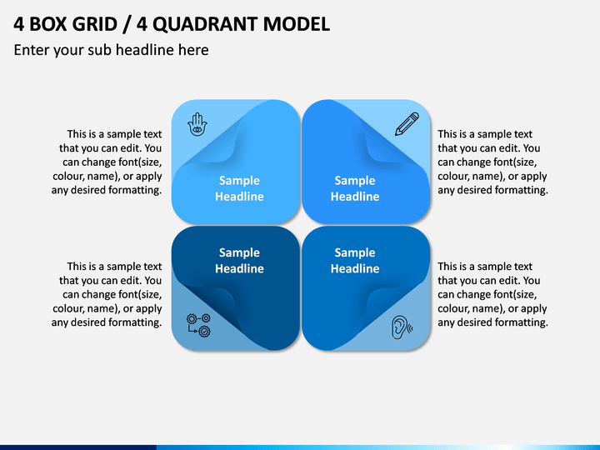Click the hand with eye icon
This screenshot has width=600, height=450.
197,124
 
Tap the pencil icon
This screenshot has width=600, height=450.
407,123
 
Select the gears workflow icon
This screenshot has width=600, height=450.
198,325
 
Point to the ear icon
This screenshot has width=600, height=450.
402,327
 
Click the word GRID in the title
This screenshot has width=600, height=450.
94,24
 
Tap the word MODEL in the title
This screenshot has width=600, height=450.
297,24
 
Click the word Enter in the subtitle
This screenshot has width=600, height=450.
32,50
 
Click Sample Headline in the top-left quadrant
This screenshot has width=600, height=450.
239,188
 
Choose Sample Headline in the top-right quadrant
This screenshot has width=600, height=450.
355,188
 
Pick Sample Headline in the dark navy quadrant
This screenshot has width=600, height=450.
239,260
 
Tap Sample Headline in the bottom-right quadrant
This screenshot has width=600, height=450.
355,260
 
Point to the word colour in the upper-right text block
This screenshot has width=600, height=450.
452,176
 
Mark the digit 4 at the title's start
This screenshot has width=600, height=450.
18,24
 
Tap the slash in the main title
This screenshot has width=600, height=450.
127,24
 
